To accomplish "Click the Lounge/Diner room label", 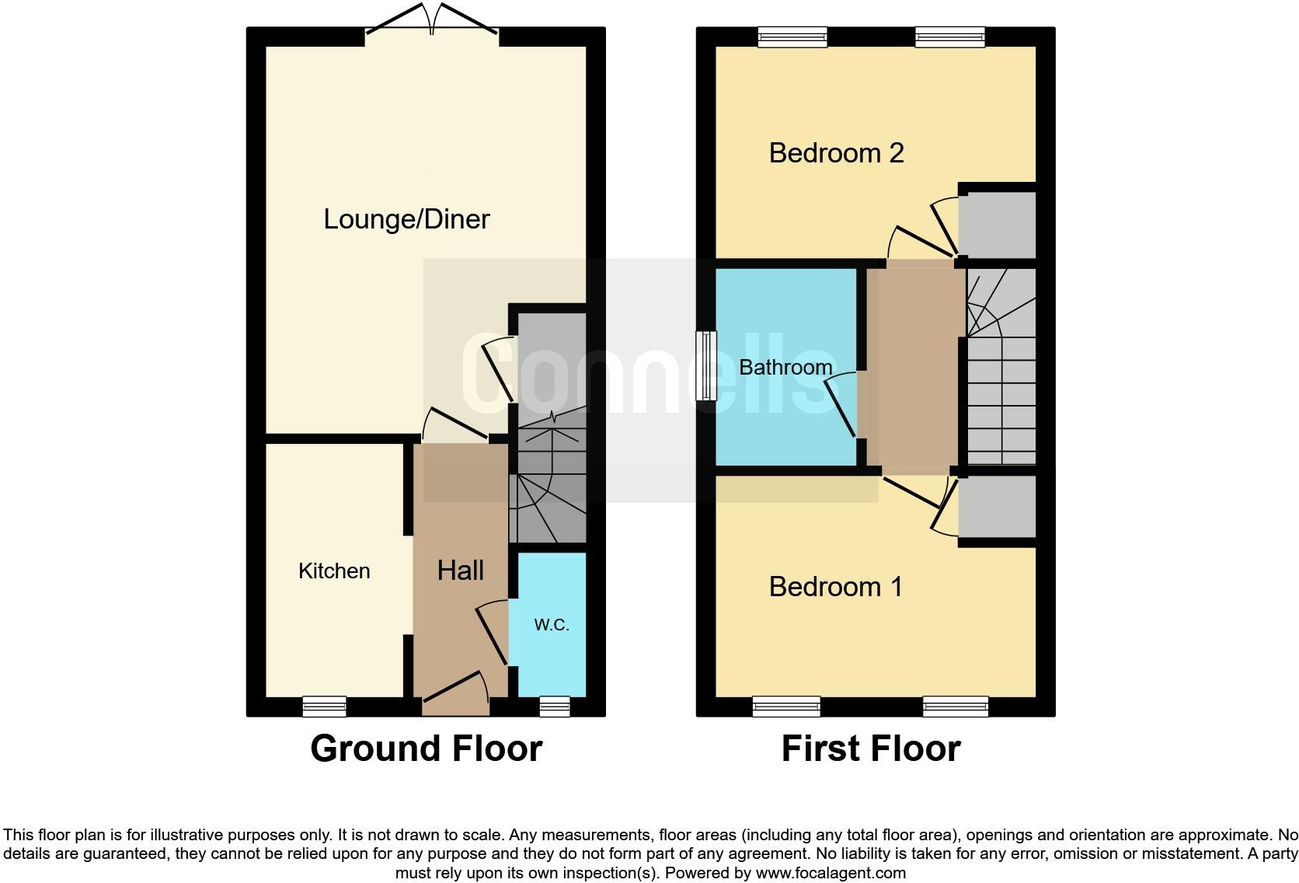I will click(406, 219).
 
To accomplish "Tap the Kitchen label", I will click(334, 571).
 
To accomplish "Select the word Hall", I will click(460, 571).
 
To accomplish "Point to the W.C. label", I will click(552, 625).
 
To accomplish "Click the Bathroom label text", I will click(785, 367).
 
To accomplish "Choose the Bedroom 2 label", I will click(836, 153).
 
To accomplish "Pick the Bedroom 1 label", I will click(836, 587).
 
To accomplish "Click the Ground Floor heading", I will click(426, 749).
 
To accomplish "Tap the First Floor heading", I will click(871, 749).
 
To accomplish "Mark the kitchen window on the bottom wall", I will click(324, 706).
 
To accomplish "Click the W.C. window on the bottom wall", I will click(554, 706).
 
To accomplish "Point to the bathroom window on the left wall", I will click(706, 366).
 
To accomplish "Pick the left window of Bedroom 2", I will click(792, 37).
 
